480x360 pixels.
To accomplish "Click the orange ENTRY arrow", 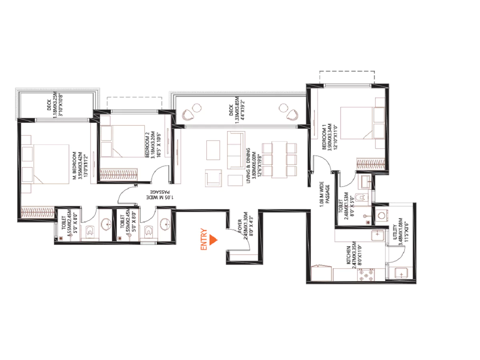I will tap(213, 240).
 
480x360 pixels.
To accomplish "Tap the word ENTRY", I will tap(204, 240).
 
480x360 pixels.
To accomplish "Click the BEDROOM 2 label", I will tap(148, 145).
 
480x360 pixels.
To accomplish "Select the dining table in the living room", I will tap(279, 159).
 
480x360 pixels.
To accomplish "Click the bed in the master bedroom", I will tap(51, 164).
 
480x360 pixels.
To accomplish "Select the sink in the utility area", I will tap(400, 273).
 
